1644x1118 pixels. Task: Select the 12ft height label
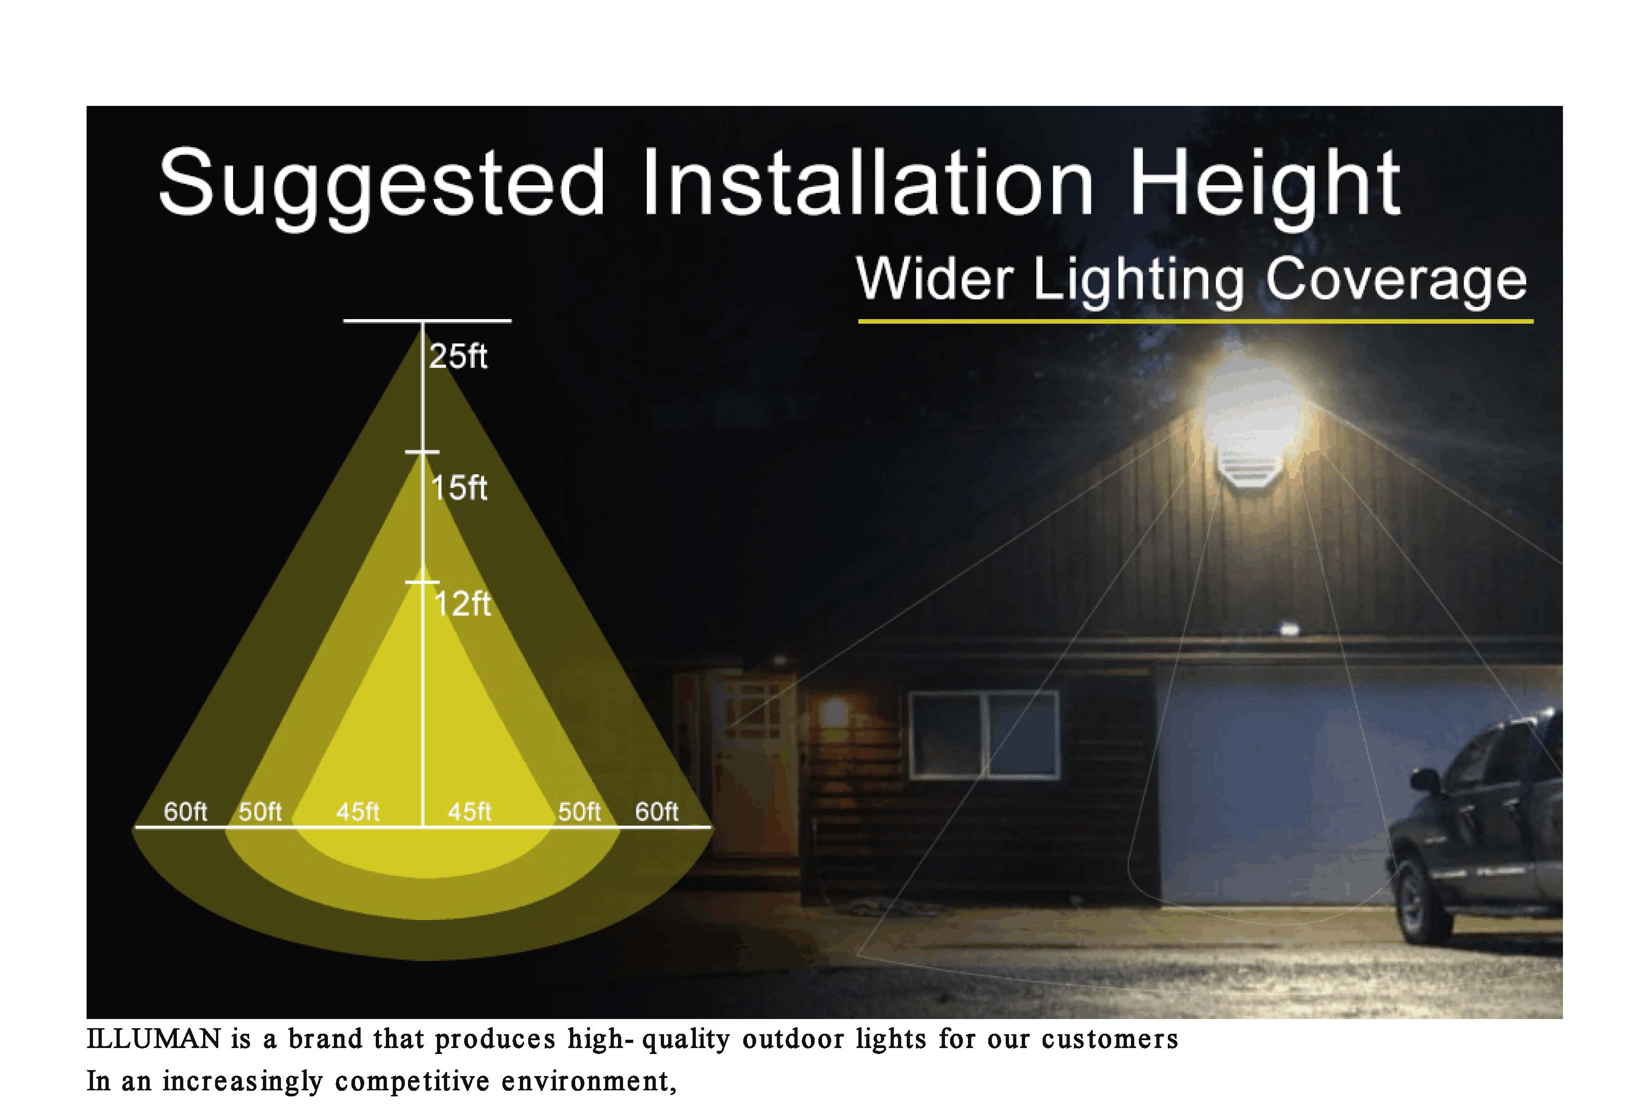point(462,604)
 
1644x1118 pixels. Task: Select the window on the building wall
point(984,735)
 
